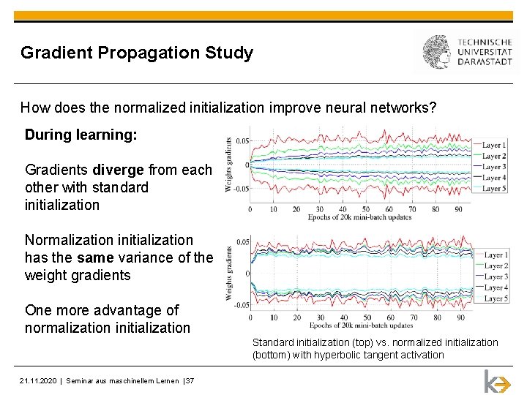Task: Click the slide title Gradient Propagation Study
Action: point(137,53)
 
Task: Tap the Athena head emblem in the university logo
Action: point(438,53)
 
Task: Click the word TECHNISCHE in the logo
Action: point(485,42)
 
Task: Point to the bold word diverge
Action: point(119,170)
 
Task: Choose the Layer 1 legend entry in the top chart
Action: point(494,145)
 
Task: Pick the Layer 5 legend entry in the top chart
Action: point(494,189)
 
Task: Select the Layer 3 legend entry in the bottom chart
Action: point(496,276)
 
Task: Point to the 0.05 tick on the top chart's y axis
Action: point(242,140)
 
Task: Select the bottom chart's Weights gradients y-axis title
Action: point(229,273)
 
